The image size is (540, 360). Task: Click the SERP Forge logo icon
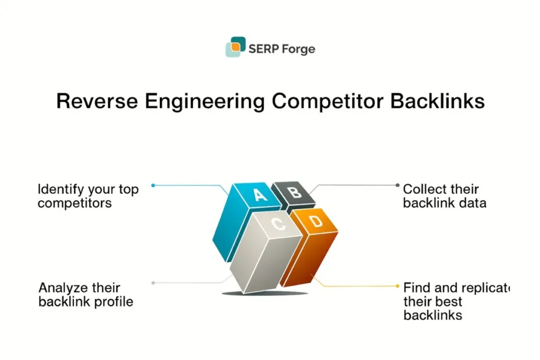pyautogui.click(x=235, y=47)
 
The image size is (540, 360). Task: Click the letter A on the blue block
pyautogui.click(x=259, y=195)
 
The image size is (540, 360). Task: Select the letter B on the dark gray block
pyautogui.click(x=296, y=192)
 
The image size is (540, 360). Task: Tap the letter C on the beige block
pyautogui.click(x=278, y=225)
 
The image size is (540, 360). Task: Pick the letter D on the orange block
pyautogui.click(x=315, y=222)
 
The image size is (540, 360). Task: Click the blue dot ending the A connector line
pyautogui.click(x=153, y=185)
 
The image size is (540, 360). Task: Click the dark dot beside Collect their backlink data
pyautogui.click(x=397, y=185)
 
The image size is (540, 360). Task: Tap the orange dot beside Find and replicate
pyautogui.click(x=397, y=286)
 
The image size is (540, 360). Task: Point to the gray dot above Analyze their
pyautogui.click(x=153, y=283)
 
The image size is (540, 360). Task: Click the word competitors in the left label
pyautogui.click(x=74, y=203)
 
